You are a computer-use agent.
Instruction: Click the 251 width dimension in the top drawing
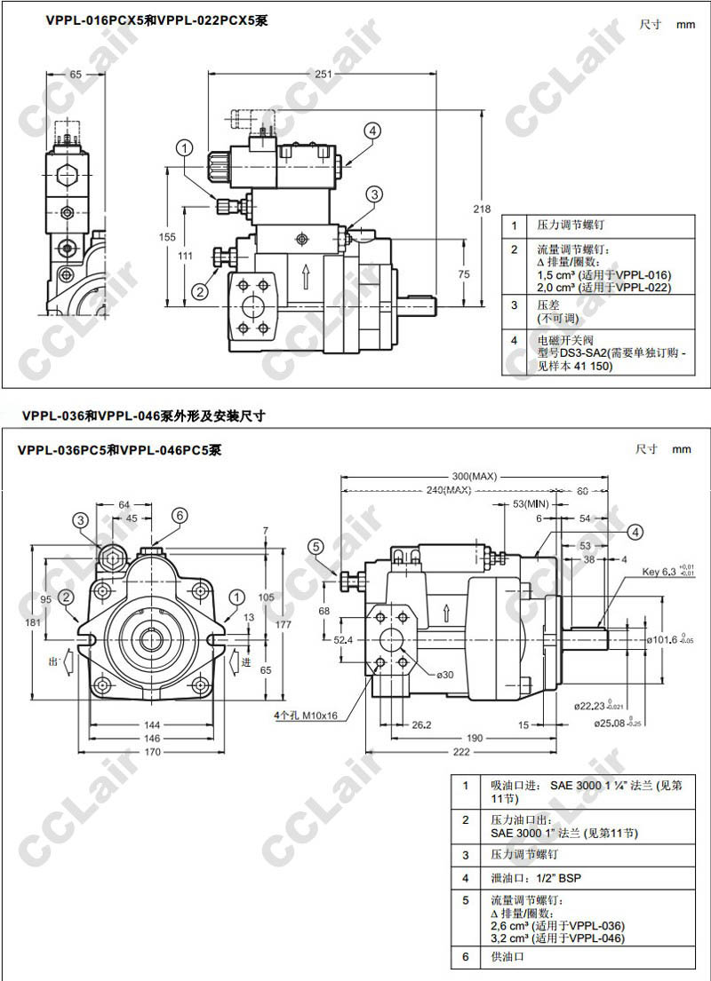[324, 75]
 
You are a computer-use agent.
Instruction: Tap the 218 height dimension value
[481, 210]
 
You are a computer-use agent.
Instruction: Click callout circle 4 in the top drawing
[371, 131]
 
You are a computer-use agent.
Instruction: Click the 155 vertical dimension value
[167, 237]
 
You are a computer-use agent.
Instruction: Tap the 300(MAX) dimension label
[473, 477]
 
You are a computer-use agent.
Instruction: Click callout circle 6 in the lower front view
[179, 515]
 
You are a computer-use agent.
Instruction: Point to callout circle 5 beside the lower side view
[316, 547]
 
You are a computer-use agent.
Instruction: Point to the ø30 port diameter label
[444, 675]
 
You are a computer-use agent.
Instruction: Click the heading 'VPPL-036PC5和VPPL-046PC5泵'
[119, 450]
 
